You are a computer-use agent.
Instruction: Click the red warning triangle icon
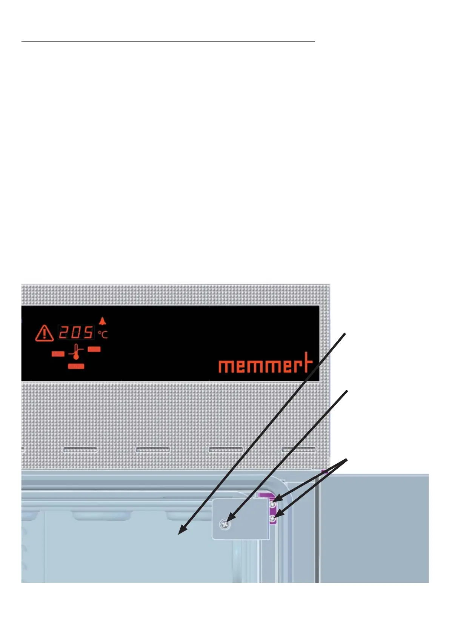tap(45, 333)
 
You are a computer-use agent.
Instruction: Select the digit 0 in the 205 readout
tap(76, 333)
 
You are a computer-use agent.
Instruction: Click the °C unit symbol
tap(103, 334)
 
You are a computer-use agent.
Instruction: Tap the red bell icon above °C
tap(103, 321)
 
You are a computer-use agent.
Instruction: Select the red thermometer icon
tap(76, 351)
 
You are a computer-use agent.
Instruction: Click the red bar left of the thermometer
tap(58, 354)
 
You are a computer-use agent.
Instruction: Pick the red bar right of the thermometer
tap(94, 349)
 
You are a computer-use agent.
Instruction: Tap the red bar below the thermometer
tap(76, 366)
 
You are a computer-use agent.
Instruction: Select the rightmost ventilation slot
tap(298, 449)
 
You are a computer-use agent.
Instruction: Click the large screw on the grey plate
tap(225, 523)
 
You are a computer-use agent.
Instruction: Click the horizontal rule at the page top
tap(168, 41)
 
